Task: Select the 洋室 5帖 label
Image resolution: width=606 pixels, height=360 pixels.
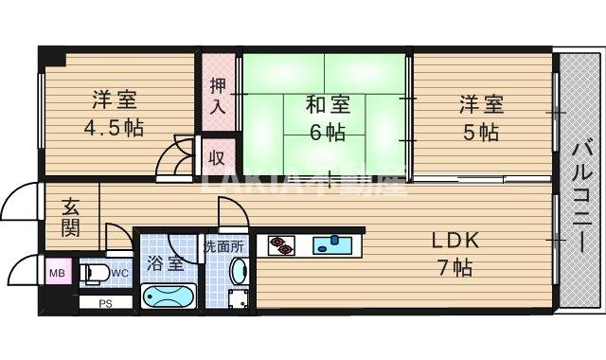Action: (x=480, y=116)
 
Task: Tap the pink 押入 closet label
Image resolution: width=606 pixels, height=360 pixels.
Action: (x=218, y=94)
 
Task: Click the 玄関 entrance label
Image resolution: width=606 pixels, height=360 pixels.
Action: (x=71, y=217)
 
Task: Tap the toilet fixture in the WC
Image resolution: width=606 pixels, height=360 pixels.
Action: (x=94, y=274)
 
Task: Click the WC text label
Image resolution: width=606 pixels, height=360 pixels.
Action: (x=119, y=274)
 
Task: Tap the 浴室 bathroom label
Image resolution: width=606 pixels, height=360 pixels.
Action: (x=166, y=263)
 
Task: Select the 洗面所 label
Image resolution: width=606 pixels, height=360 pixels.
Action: (x=224, y=246)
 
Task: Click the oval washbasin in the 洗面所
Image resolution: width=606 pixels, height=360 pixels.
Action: (x=238, y=273)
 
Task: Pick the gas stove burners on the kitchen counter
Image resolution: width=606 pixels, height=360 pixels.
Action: (x=281, y=245)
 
